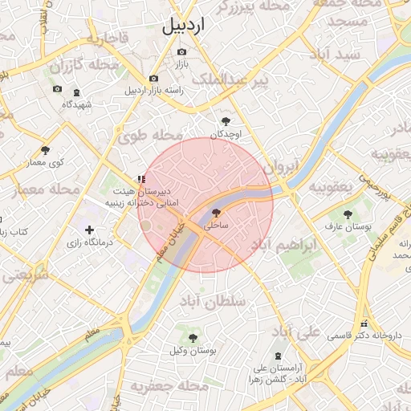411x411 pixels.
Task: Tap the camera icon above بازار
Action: click(x=181, y=52)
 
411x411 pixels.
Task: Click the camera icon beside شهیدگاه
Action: click(x=76, y=93)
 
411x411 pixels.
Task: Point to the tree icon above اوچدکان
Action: click(x=226, y=121)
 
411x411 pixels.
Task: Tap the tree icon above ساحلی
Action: click(x=215, y=213)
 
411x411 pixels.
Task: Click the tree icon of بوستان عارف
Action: click(x=348, y=214)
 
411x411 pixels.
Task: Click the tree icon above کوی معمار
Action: click(x=45, y=149)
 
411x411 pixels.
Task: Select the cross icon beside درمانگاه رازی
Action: click(x=89, y=231)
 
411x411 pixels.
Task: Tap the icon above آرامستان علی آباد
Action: click(x=278, y=356)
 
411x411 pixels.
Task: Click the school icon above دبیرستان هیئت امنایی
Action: click(x=140, y=179)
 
